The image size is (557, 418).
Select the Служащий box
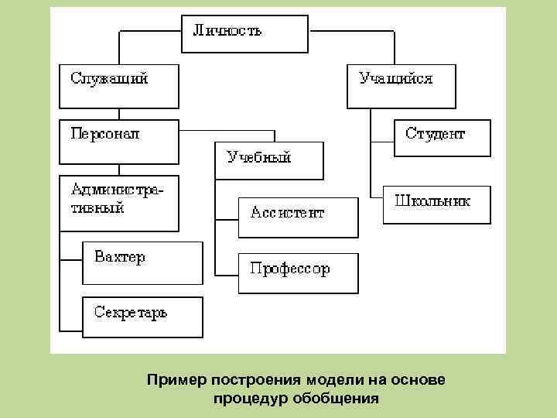click(119, 85)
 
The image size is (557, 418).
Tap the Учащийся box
click(401, 85)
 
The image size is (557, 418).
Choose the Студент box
click(442, 139)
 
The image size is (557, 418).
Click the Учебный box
click(268, 161)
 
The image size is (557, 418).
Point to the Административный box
click(119, 204)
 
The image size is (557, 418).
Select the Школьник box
click(436, 204)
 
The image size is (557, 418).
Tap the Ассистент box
click(298, 217)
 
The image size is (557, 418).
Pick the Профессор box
click(298, 273)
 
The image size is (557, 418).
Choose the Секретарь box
click(142, 317)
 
